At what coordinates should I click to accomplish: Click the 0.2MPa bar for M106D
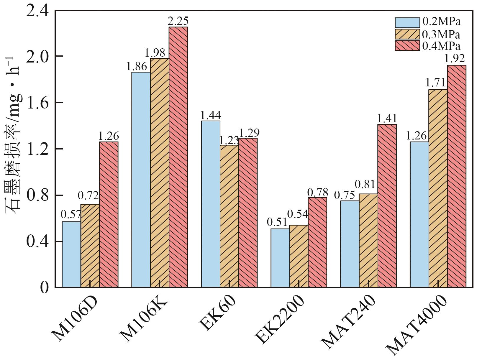click(x=71, y=254)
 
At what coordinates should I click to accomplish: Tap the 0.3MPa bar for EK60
click(x=229, y=216)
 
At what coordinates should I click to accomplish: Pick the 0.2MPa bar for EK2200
click(x=280, y=258)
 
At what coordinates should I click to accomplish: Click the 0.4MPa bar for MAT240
click(x=387, y=206)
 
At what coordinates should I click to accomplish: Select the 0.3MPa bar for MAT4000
click(x=438, y=188)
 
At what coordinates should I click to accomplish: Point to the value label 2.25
click(x=178, y=21)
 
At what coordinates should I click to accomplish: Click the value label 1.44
click(x=210, y=115)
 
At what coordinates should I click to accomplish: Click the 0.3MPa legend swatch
click(x=407, y=34)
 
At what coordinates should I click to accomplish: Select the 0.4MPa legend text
click(x=441, y=46)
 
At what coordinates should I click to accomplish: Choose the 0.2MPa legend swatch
click(x=407, y=22)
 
